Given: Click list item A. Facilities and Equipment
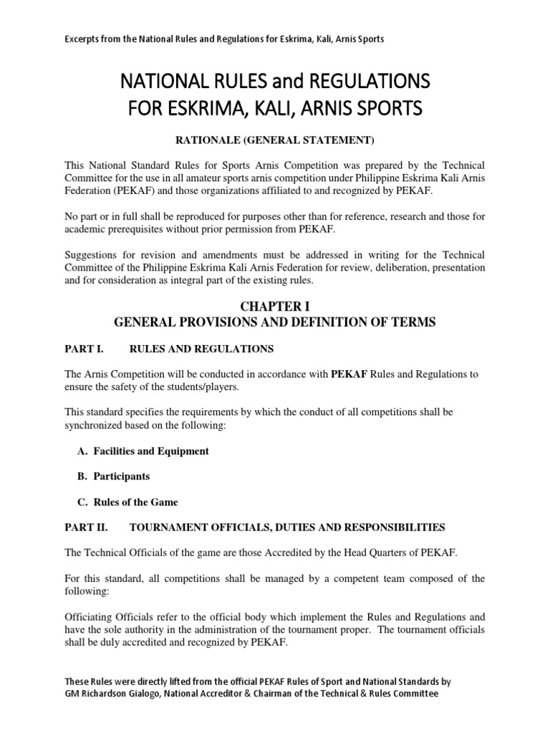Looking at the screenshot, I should click(x=143, y=451).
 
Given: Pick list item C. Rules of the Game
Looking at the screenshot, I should click(x=127, y=502).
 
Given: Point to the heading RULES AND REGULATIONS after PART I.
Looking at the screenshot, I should click(x=201, y=349).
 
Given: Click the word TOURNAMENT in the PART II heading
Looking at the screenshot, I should click(x=165, y=528).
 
